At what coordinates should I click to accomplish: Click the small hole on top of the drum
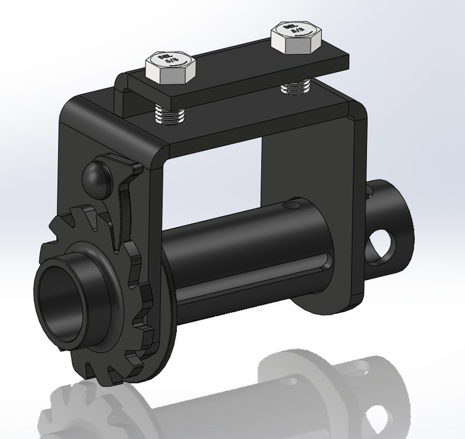(294, 204)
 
